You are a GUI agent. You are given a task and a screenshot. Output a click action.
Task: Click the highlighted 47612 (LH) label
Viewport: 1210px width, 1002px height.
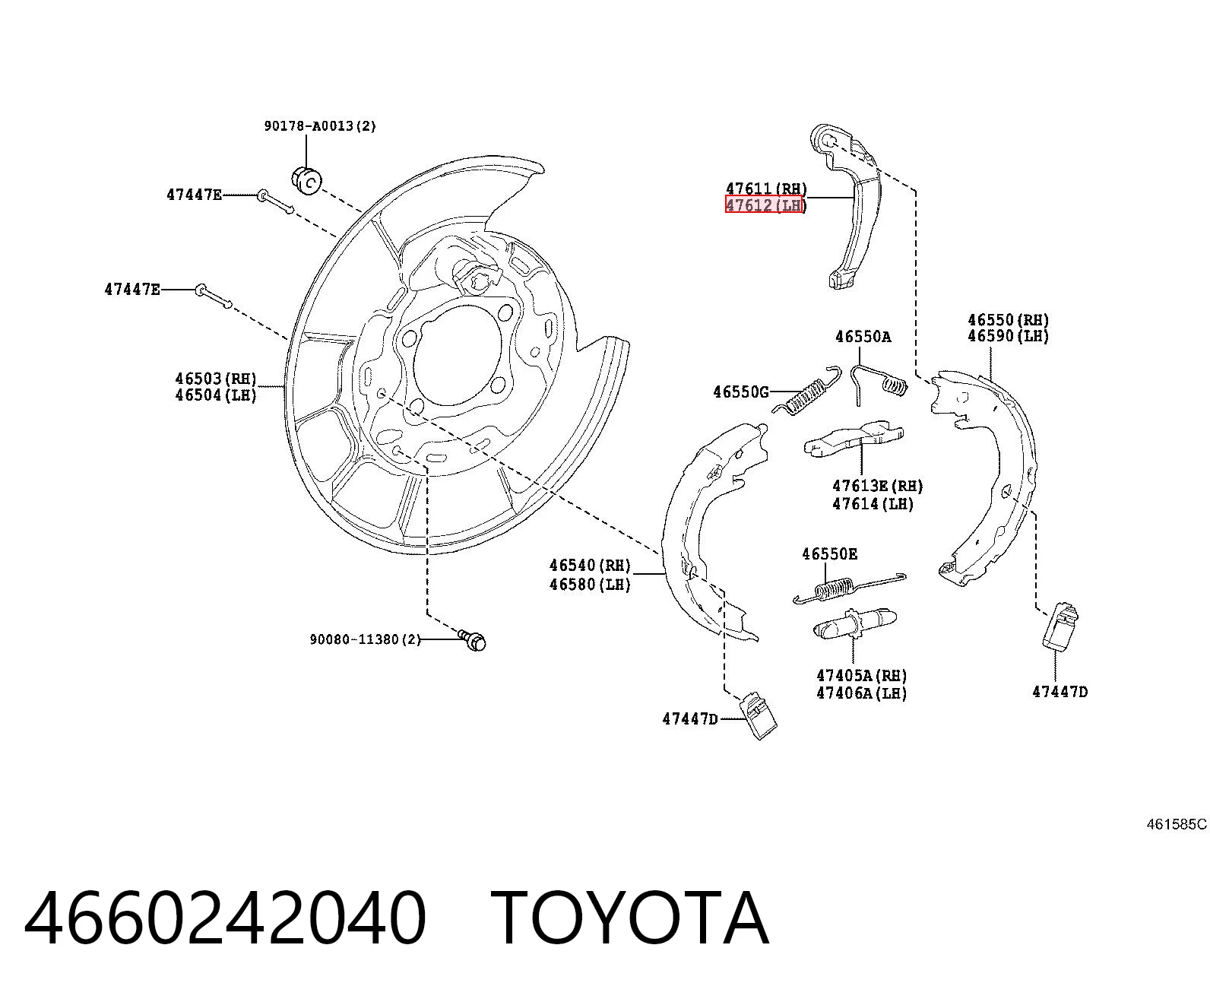764,205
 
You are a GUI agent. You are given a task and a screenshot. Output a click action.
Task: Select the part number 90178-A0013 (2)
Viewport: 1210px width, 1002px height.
320,126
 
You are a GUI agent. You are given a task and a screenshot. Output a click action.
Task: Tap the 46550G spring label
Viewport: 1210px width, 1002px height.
740,392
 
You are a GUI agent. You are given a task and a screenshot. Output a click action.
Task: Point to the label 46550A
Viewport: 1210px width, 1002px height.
863,336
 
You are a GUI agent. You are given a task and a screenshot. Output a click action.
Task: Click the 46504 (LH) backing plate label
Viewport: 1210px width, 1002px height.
216,395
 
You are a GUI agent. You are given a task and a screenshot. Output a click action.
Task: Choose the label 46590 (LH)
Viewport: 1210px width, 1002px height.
1009,336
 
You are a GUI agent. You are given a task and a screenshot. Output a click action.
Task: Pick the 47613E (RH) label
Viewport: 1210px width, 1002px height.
878,486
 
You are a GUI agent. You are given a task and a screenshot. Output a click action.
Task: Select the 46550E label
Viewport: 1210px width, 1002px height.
829,553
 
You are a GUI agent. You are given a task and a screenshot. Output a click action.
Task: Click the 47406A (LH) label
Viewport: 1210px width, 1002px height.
862,693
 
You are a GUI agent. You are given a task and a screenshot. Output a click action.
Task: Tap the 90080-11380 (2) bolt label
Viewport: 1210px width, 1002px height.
365,639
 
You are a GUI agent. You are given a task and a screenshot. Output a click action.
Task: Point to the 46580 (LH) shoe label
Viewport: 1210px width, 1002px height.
590,584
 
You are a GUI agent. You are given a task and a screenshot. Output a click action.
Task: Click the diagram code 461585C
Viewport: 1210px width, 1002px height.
1177,824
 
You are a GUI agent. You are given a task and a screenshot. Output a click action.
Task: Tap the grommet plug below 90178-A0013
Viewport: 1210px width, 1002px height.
306,179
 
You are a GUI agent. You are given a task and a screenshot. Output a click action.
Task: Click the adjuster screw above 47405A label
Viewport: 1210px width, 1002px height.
855,624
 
